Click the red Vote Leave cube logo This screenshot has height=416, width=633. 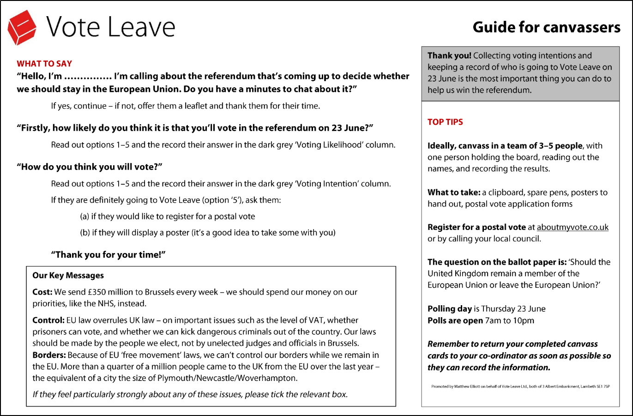(x=22, y=27)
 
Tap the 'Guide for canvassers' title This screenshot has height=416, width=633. (x=546, y=27)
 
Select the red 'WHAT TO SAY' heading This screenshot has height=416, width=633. (x=44, y=64)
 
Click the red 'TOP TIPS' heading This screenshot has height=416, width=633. (x=445, y=122)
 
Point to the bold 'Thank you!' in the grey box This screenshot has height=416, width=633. (x=449, y=55)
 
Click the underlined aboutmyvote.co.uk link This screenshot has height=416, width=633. (x=573, y=227)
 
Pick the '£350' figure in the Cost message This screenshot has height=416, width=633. (x=97, y=292)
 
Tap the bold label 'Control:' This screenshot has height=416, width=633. (x=48, y=320)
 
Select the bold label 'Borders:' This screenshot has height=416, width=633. (x=49, y=355)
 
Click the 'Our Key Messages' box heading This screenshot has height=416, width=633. (x=68, y=276)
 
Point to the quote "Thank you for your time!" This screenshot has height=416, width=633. (x=108, y=255)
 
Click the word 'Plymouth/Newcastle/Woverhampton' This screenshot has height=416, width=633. (x=227, y=378)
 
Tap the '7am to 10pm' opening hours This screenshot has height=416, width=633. (x=510, y=320)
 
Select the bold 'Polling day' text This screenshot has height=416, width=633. (x=450, y=309)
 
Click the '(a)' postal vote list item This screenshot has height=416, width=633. (x=167, y=217)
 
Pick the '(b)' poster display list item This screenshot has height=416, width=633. (x=207, y=233)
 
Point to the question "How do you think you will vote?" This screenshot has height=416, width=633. (x=90, y=167)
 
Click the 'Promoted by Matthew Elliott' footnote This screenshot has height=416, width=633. (x=520, y=386)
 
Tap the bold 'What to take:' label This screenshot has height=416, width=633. (x=454, y=193)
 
